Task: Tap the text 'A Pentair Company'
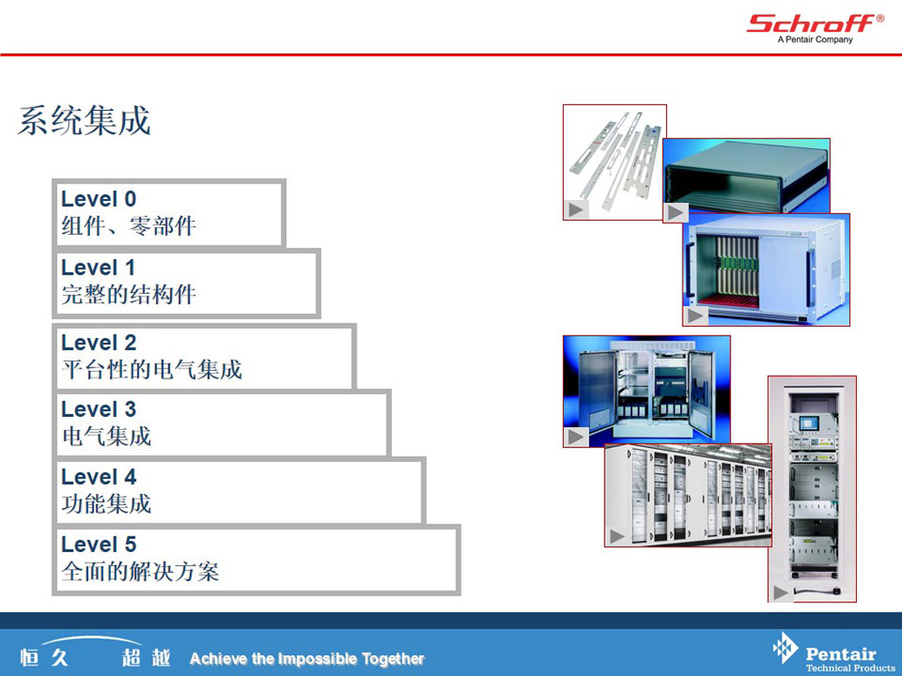point(815,40)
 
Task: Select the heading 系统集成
point(84,120)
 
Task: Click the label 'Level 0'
point(98,198)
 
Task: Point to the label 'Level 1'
point(98,267)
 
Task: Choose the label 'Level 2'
point(98,342)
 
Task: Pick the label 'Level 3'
point(98,409)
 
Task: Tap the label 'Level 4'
point(98,477)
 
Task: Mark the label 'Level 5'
point(98,544)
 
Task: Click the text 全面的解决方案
point(141,571)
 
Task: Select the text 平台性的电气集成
point(152,369)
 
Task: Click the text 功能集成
point(107,504)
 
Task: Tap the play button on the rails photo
point(576,210)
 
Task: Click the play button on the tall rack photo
point(781,593)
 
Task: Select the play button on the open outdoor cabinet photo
point(576,437)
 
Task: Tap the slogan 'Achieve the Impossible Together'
point(307,659)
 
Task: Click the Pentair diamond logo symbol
point(785,648)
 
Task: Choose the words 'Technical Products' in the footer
point(850,667)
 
